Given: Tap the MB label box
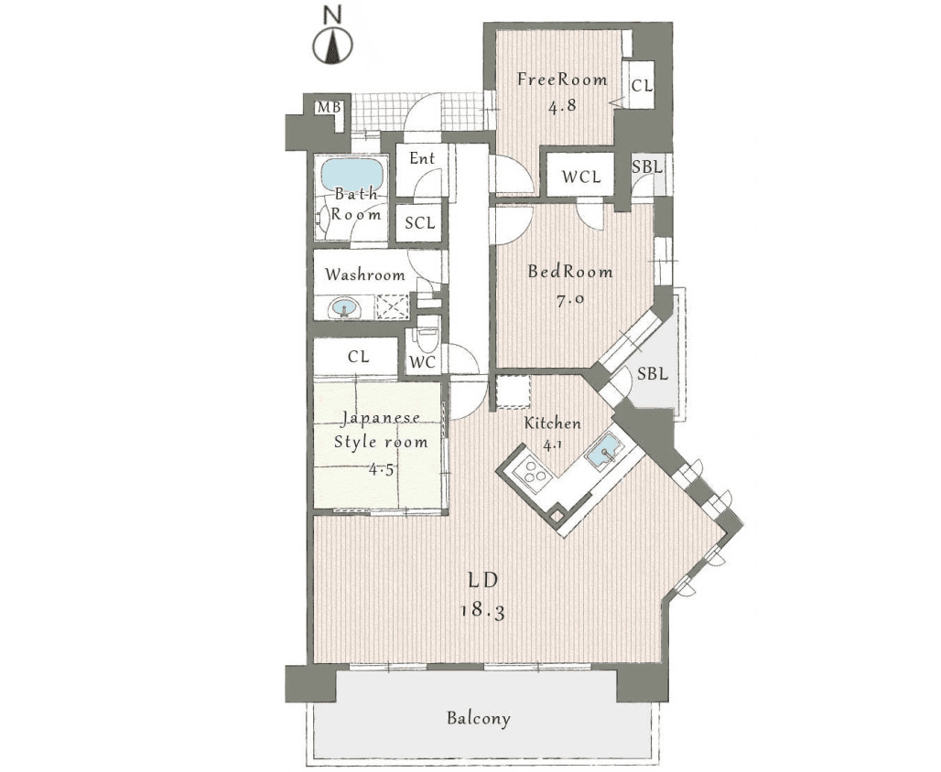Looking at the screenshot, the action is (329, 107).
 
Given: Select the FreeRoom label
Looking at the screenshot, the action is (562, 80).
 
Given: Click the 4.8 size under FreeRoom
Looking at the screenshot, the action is (562, 106).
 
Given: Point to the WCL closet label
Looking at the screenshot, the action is (581, 177).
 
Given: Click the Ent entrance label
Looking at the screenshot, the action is (422, 158).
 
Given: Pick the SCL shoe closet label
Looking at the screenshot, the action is (419, 223).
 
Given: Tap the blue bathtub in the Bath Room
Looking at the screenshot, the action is (352, 174).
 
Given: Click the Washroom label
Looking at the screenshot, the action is (364, 275).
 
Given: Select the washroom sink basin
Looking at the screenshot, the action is (344, 308).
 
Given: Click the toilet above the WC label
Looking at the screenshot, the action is (427, 339).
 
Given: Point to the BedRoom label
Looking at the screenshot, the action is (569, 272).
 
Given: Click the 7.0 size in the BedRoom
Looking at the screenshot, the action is (569, 300).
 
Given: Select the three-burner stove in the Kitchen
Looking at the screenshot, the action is (533, 471).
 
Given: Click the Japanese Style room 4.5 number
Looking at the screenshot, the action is (381, 469).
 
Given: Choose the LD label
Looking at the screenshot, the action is (483, 580).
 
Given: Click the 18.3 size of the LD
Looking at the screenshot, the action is (482, 611).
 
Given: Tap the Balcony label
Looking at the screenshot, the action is (479, 718).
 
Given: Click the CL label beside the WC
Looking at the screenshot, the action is (358, 357).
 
